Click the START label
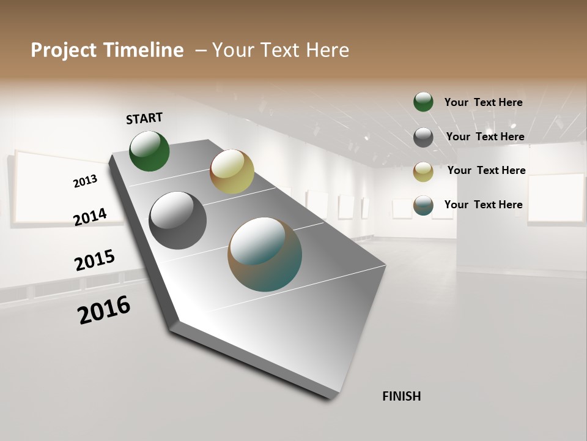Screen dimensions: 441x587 tap(144, 118)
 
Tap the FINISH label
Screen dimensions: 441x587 tap(401, 396)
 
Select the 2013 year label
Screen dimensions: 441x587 tap(85, 181)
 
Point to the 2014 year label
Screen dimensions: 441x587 tap(90, 217)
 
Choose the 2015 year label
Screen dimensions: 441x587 tap(95, 260)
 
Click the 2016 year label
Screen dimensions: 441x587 tap(104, 310)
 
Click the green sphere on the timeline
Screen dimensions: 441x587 tap(149, 151)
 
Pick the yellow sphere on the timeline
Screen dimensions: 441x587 tap(232, 171)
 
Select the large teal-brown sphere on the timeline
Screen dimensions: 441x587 tap(265, 254)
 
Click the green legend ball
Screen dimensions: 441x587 tap(423, 102)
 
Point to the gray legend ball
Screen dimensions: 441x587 tap(423, 137)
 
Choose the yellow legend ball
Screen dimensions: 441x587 tap(423, 171)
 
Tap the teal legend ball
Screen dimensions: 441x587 tap(423, 206)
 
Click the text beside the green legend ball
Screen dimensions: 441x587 tap(483, 102)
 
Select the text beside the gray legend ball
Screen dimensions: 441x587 tap(485, 137)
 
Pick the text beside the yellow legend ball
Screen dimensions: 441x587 tap(486, 170)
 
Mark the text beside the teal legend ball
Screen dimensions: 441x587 tap(483, 205)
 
